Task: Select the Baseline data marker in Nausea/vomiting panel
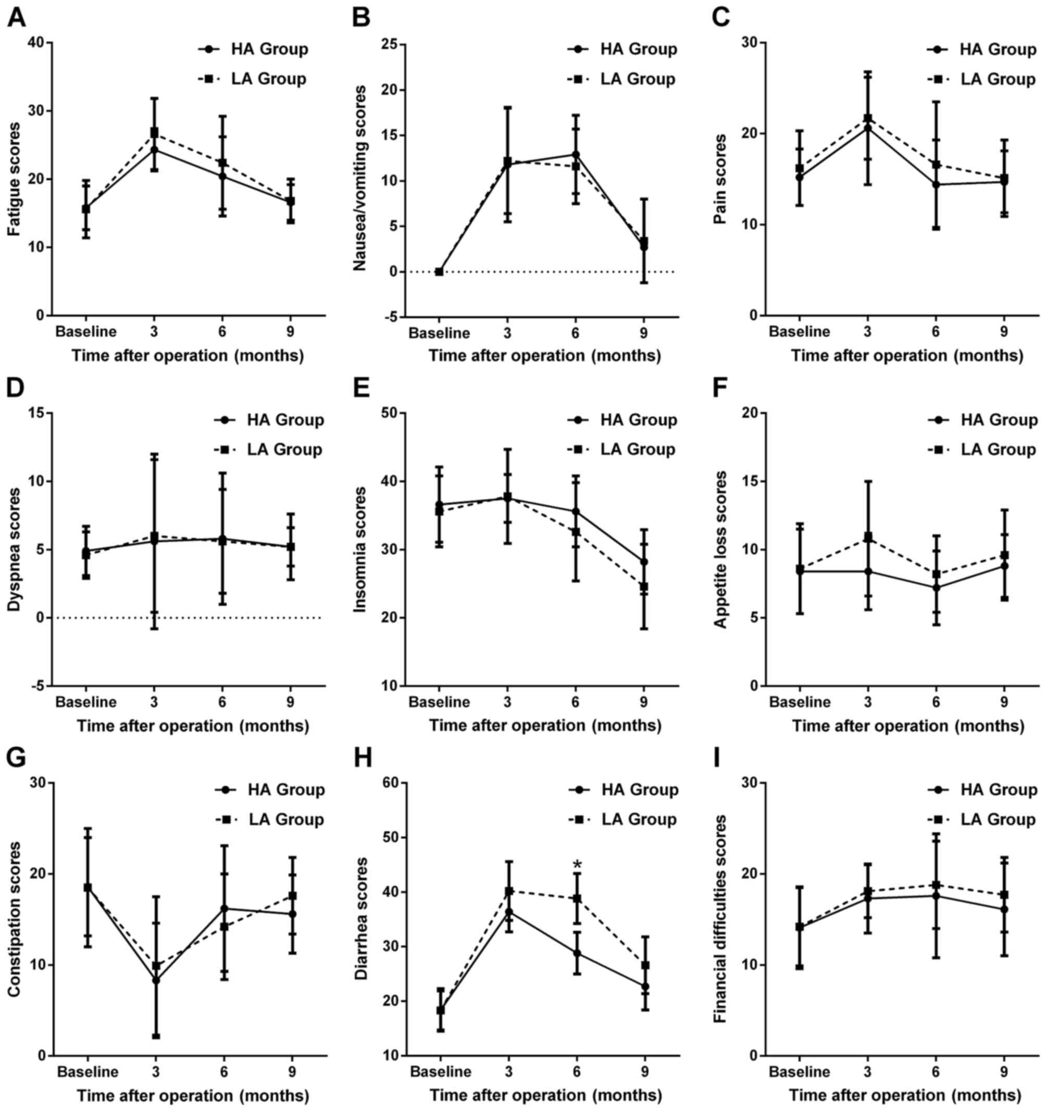click(440, 271)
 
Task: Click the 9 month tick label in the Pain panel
click(1004, 331)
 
